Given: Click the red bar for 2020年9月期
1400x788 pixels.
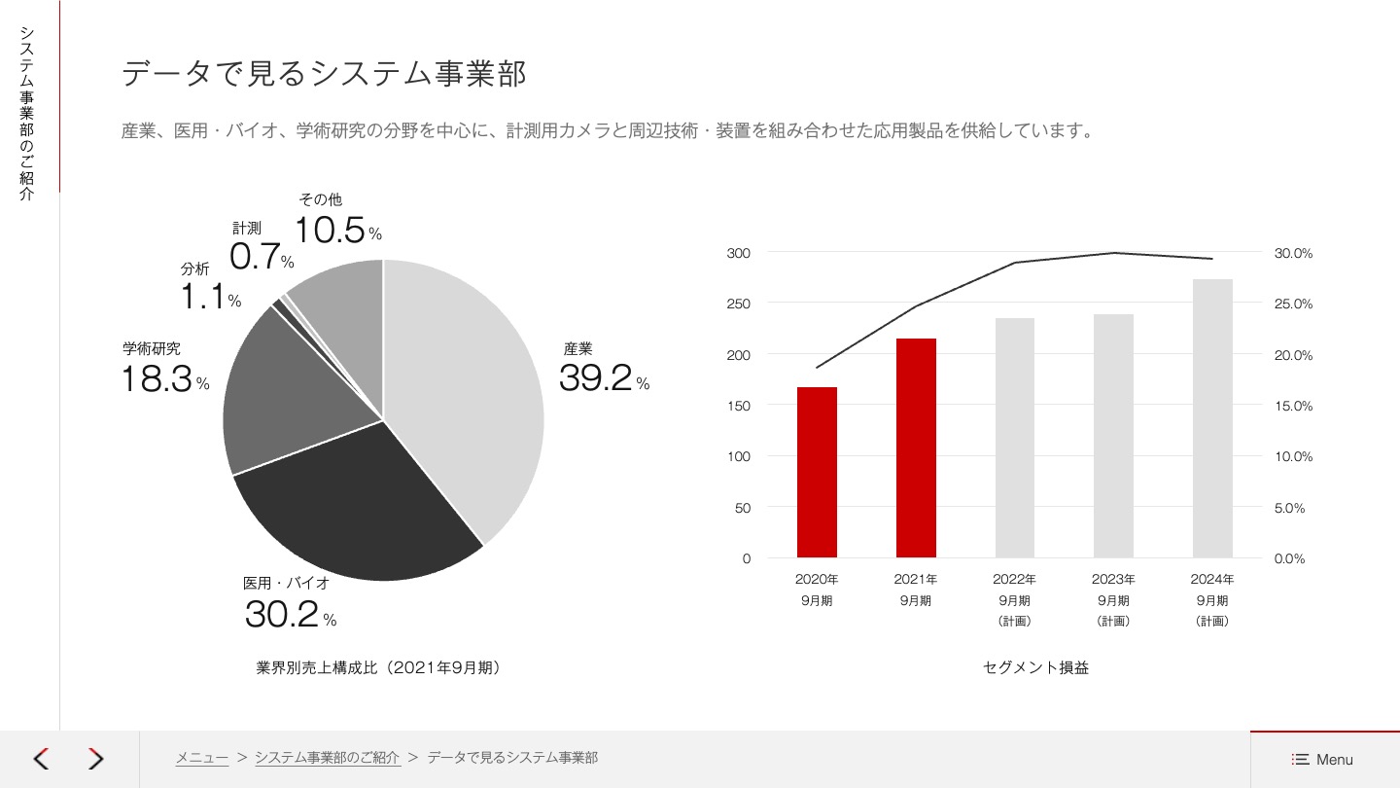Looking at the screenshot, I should (817, 472).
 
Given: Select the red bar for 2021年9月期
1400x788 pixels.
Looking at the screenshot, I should (916, 448).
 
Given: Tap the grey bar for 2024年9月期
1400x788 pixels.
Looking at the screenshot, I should (1212, 418).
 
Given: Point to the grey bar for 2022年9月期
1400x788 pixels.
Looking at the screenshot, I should (1015, 438).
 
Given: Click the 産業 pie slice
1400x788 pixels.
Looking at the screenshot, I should (467, 389).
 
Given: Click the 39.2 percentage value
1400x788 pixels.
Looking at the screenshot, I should (596, 378).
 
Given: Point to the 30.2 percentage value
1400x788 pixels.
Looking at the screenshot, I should (282, 614).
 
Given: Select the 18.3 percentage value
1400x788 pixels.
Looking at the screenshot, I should (157, 378).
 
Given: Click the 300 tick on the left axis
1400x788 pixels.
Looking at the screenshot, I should (739, 253).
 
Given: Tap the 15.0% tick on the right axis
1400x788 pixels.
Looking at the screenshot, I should (1293, 406).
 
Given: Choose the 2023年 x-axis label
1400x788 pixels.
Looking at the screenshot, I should (1113, 579).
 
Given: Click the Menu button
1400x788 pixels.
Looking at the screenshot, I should (1323, 760).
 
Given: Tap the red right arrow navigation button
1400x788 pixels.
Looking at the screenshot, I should (95, 759).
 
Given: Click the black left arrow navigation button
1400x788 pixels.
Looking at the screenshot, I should (41, 759).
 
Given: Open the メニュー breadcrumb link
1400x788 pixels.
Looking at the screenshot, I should (202, 758).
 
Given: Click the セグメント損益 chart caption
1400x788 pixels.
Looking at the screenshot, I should (1035, 667).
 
